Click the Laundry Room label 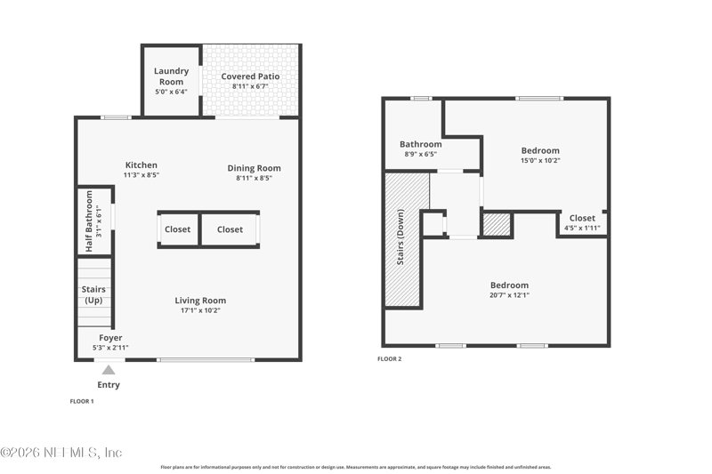171,76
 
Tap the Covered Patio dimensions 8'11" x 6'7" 250,86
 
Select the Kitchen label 142,165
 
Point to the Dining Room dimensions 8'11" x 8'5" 254,178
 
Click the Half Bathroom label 89,221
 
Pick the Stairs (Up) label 93,294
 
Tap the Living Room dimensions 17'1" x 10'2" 200,310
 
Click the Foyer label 110,337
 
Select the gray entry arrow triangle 108,370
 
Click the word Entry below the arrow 109,385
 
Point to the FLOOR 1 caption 82,401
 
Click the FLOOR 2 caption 390,358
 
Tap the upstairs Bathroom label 420,144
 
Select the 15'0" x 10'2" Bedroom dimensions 540,160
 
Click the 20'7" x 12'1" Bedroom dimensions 509,295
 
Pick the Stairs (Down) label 400,237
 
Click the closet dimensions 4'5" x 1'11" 582,228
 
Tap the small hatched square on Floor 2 497,224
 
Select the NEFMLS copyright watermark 61,453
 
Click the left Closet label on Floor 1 177,229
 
